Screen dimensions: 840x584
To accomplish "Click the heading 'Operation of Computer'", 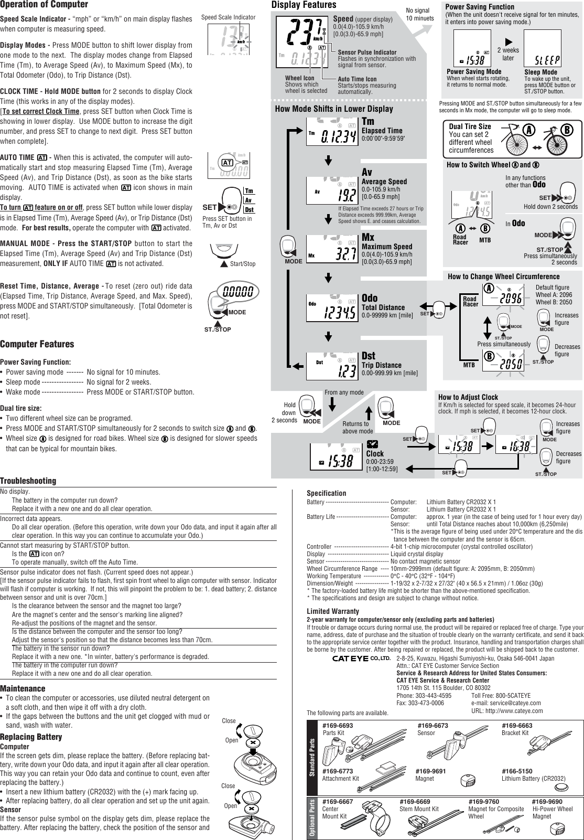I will click(x=44, y=5).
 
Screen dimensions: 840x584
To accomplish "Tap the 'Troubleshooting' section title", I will click(x=28, y=481).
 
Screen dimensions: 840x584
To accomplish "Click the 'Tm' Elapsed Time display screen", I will click(x=332, y=134).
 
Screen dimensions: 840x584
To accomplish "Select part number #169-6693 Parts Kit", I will click(x=338, y=726).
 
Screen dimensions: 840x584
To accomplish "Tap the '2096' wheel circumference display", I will click(x=503, y=298).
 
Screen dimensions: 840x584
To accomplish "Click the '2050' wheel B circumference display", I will click(x=503, y=363).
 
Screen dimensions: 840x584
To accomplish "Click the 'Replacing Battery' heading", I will click(x=31, y=737).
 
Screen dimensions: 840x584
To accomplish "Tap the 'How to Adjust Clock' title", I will click(x=468, y=397).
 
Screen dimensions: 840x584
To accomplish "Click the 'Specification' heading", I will click(x=326, y=493).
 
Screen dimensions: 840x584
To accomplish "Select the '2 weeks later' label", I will click(x=507, y=54).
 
